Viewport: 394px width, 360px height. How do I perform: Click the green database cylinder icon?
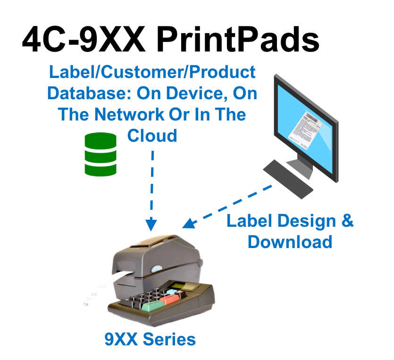pyautogui.click(x=100, y=154)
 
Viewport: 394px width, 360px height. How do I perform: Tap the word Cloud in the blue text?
pyautogui.click(x=151, y=136)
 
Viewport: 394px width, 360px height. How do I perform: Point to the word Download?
pyautogui.click(x=290, y=241)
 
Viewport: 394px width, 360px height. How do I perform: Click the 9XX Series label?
pyautogui.click(x=150, y=339)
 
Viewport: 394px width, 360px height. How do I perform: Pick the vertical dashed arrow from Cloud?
pyautogui.click(x=151, y=189)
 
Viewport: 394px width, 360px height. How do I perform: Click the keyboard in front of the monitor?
pyautogui.click(x=287, y=179)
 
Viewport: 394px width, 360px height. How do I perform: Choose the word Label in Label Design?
pyautogui.click(x=248, y=221)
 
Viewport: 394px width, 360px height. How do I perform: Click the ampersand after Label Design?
pyautogui.click(x=347, y=221)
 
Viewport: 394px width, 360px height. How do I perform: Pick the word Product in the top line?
pyautogui.click(x=224, y=72)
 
